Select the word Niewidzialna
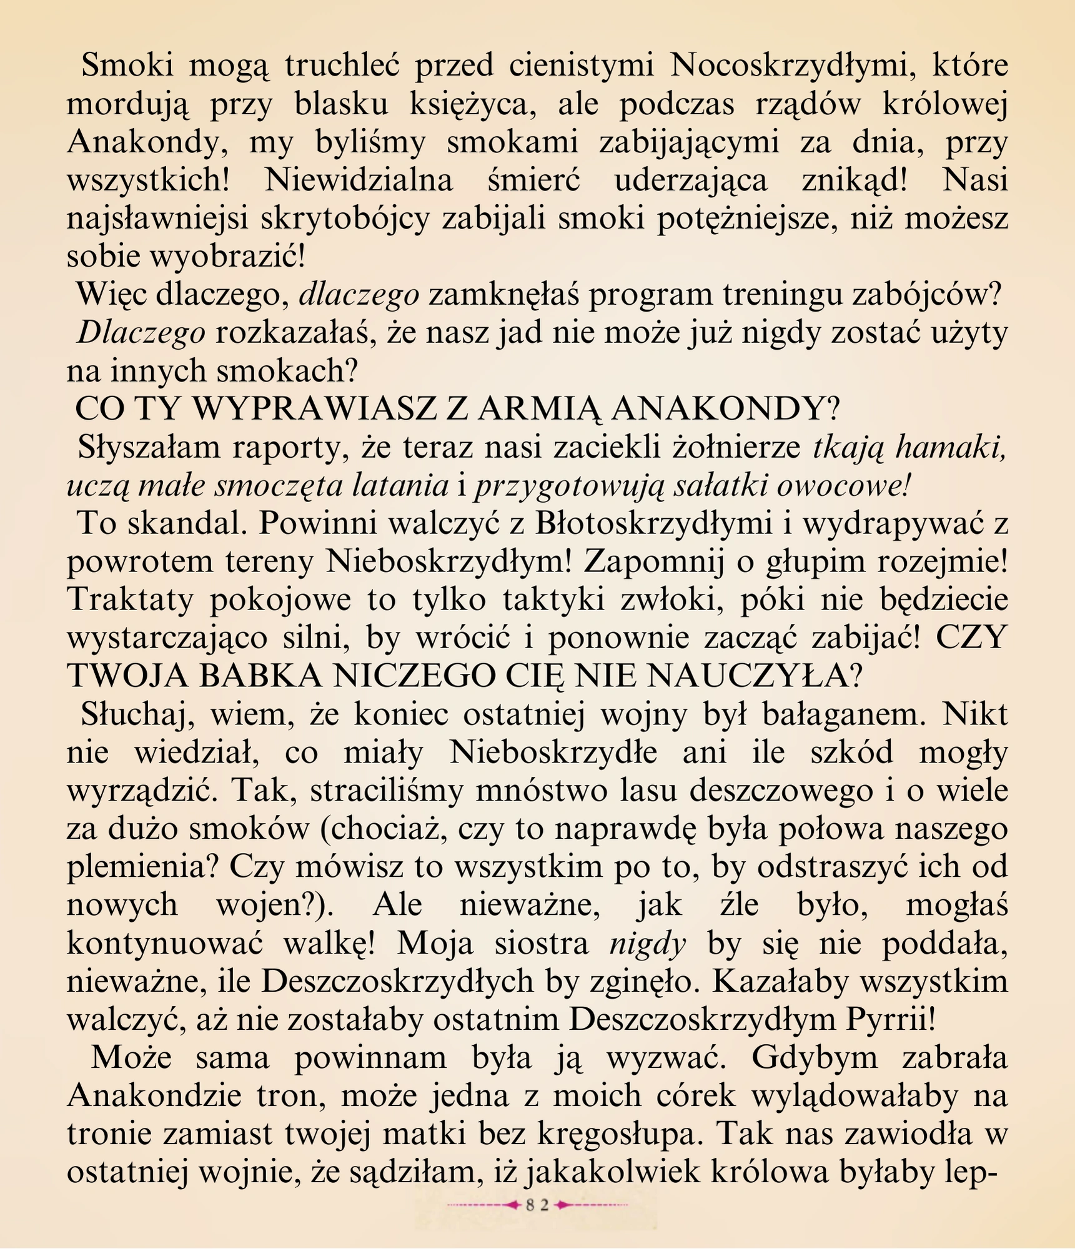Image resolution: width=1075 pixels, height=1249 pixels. tap(359, 181)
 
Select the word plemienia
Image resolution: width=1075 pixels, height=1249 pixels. tap(141, 867)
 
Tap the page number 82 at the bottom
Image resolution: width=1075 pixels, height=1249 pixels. tap(537, 1205)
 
